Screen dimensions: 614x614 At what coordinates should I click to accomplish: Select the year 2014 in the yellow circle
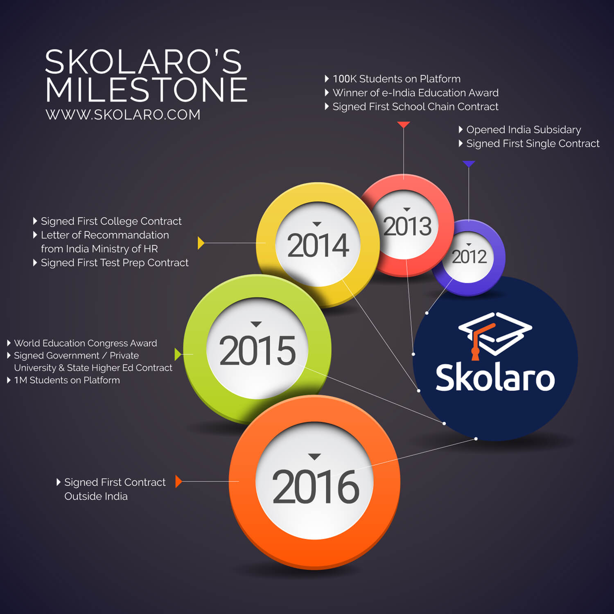tap(318, 246)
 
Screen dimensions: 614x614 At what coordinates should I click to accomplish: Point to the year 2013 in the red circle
tap(407, 226)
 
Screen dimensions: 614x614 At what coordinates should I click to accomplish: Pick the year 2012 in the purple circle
tap(469, 257)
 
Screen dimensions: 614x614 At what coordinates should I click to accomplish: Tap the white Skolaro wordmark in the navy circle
tap(495, 378)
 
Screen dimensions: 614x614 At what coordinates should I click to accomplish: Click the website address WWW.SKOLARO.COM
tap(123, 115)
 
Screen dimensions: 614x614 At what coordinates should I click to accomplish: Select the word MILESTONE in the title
tap(146, 90)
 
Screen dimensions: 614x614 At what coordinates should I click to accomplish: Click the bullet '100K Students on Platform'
tap(396, 79)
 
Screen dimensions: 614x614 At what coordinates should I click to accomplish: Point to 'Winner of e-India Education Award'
tap(415, 93)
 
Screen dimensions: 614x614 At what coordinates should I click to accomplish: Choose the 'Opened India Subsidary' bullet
tap(523, 130)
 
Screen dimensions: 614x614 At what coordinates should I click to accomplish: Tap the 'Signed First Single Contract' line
tap(533, 144)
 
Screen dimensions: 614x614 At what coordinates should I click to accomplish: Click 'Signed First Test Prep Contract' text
tap(115, 263)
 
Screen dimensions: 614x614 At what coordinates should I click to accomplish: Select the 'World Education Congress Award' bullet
tap(85, 343)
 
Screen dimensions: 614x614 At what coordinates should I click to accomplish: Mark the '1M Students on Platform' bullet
tap(67, 380)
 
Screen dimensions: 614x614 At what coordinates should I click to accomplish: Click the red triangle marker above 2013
tap(404, 124)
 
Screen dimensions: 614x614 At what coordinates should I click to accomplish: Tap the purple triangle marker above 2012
tap(469, 164)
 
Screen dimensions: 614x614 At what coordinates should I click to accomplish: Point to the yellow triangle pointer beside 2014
tap(201, 243)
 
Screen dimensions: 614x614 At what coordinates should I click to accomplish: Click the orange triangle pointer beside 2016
tap(178, 481)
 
